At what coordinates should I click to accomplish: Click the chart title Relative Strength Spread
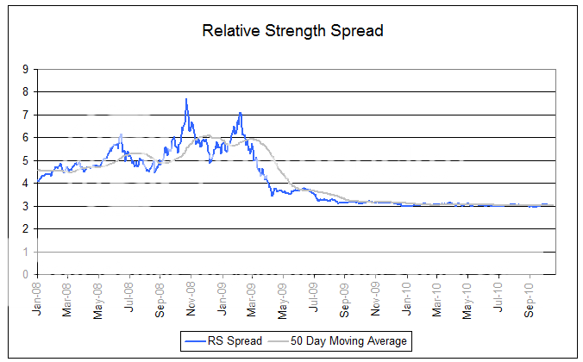pos(291,31)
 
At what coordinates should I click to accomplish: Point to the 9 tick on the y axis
pos(25,69)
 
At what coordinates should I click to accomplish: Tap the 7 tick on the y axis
pos(25,115)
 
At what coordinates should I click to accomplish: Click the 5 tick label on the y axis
pos(25,160)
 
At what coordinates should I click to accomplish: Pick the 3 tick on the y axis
pos(25,206)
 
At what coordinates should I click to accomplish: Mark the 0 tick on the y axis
pos(25,274)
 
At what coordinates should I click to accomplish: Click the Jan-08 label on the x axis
pos(37,296)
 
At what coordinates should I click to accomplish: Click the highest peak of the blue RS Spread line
pos(186,99)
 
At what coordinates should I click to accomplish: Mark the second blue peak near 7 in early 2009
pos(240,113)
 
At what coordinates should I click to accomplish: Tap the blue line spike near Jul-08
pos(121,134)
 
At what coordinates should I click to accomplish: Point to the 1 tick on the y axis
pos(25,252)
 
